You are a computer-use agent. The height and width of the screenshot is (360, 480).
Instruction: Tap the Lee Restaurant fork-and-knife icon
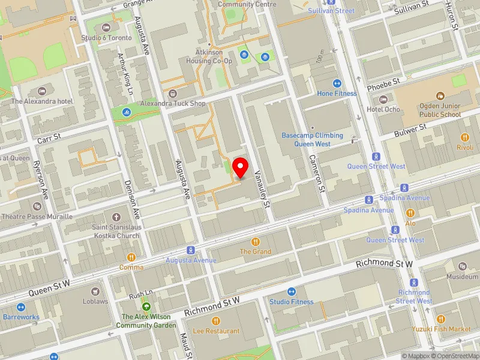(217, 320)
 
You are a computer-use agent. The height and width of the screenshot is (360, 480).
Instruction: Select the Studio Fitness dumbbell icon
(292, 291)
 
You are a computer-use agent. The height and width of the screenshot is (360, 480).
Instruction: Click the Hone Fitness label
(337, 93)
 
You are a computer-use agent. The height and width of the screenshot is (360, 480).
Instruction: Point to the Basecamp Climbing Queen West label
(312, 139)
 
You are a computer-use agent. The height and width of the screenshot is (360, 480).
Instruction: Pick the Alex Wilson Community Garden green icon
(145, 306)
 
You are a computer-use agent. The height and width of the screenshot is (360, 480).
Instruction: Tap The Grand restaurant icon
(256, 241)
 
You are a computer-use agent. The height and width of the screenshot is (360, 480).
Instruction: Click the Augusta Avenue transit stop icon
(191, 250)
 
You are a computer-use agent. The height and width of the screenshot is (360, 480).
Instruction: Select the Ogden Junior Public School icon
(440, 95)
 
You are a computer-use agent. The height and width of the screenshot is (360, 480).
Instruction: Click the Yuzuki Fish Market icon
(441, 319)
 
